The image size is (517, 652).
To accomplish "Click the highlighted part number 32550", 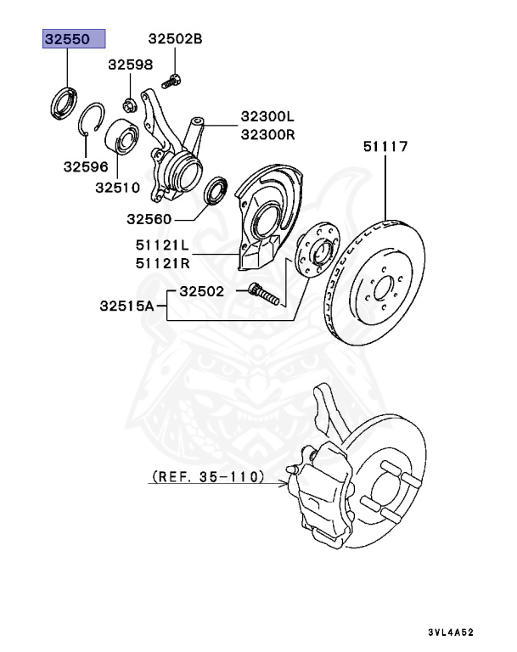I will [x=74, y=39].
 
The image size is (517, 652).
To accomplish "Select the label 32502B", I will [x=176, y=39].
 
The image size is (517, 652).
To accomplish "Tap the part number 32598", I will [x=130, y=64].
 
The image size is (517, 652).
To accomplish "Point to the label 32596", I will [x=85, y=167].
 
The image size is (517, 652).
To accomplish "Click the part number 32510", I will [x=117, y=188].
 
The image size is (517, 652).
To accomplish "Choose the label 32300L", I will [x=266, y=116].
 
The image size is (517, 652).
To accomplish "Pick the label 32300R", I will [x=266, y=133].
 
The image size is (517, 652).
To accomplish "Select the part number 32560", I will [x=150, y=219].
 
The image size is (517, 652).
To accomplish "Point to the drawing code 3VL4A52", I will [x=450, y=632].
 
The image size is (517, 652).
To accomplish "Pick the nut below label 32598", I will [x=130, y=105].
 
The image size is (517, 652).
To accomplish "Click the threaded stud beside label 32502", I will [x=264, y=298].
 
